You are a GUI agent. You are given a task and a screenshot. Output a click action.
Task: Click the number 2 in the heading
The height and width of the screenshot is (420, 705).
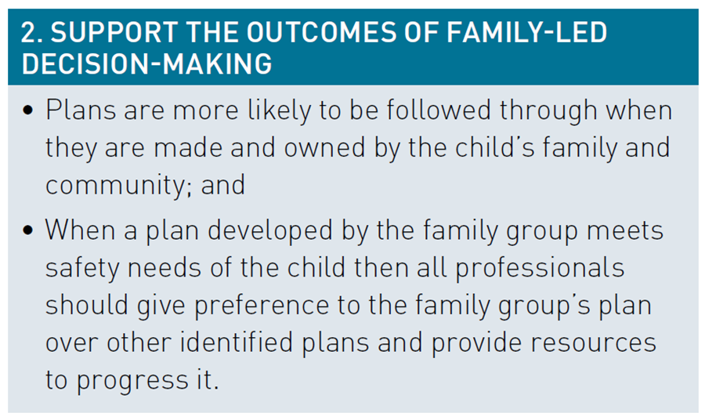(x=29, y=33)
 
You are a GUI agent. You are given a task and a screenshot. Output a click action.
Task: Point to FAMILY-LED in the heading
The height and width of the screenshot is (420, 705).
(x=527, y=33)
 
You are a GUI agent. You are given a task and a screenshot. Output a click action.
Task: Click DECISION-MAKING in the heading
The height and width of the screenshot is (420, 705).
(x=146, y=63)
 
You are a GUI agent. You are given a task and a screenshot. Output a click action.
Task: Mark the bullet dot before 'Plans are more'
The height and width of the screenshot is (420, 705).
(x=28, y=110)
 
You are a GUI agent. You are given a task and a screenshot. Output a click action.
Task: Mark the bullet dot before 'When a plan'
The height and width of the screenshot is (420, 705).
(x=28, y=230)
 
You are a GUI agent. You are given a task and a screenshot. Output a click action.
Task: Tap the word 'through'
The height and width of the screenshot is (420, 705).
(x=548, y=111)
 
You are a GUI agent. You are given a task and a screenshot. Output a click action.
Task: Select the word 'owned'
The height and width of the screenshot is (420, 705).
(x=324, y=147)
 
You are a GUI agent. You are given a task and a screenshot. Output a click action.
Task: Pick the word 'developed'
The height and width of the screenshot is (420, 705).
(x=269, y=231)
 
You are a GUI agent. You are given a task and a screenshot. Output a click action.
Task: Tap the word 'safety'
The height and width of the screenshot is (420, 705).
(x=82, y=269)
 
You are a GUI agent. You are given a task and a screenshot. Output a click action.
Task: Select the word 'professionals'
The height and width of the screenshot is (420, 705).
(x=540, y=269)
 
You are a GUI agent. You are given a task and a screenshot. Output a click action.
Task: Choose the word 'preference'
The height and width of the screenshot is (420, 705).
(x=262, y=306)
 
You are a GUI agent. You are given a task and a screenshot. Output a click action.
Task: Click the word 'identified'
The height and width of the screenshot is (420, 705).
(x=237, y=342)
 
